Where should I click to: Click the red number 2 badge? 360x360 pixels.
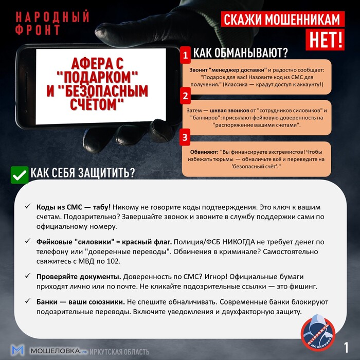(185, 96)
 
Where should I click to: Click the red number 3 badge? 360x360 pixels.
(185, 137)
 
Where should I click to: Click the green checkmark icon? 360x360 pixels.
(19, 174)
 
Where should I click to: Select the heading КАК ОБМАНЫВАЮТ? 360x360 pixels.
(240, 53)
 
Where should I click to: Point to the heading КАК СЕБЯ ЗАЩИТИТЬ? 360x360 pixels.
(82, 173)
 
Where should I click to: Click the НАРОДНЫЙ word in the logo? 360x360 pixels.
(49, 16)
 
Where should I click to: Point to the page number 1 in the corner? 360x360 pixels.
(347, 347)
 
